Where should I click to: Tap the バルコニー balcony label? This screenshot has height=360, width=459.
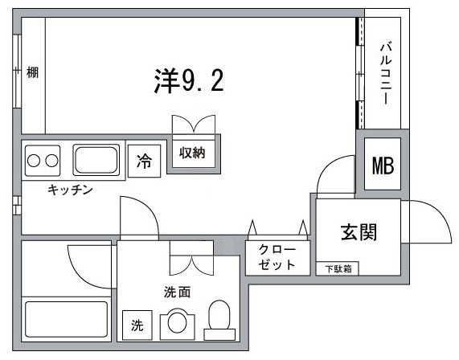click(384, 72)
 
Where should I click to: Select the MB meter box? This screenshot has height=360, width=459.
click(382, 166)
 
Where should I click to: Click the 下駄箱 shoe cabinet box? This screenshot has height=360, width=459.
click(338, 268)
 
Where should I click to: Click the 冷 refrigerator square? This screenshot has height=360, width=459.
click(144, 162)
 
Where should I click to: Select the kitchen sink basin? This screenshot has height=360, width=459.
click(96, 159)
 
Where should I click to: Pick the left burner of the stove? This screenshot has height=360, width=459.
click(33, 159)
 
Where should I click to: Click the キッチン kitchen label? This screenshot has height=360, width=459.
click(71, 190)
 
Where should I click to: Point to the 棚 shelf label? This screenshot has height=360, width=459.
click(32, 72)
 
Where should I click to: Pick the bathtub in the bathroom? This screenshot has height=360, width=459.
click(66, 319)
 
